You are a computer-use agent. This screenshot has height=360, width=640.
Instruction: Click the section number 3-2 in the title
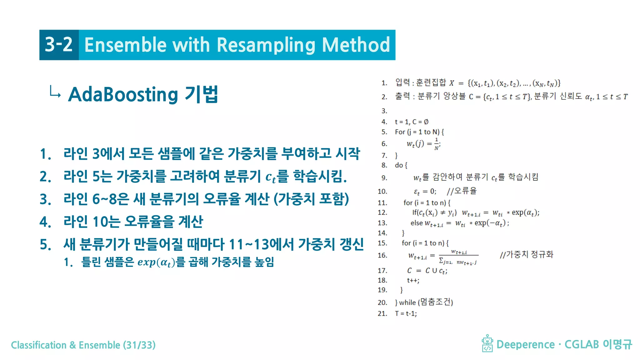(59, 45)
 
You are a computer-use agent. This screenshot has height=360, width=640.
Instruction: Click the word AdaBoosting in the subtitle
(123, 94)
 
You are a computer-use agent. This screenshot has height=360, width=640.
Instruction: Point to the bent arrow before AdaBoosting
(55, 92)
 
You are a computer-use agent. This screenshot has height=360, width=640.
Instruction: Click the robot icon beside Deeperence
(487, 343)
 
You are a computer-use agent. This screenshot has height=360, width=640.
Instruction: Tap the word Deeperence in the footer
(525, 344)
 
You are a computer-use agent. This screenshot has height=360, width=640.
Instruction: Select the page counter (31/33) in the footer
(139, 345)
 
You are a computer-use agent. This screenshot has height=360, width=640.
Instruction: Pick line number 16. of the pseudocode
(382, 255)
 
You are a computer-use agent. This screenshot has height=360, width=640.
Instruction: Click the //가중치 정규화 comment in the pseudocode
(527, 255)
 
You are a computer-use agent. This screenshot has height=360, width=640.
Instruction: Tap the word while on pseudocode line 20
(407, 302)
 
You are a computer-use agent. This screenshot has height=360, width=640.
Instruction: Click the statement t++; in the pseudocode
(413, 280)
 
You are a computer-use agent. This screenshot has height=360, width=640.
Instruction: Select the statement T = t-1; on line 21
(406, 313)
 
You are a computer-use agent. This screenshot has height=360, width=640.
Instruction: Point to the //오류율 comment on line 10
(462, 191)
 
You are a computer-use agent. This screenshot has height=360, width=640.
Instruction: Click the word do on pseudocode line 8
(399, 165)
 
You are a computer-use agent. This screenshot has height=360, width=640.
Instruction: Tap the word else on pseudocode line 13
(417, 223)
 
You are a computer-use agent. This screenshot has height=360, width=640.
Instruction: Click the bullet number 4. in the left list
(45, 222)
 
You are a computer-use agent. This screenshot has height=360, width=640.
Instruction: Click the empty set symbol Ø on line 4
(426, 122)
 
